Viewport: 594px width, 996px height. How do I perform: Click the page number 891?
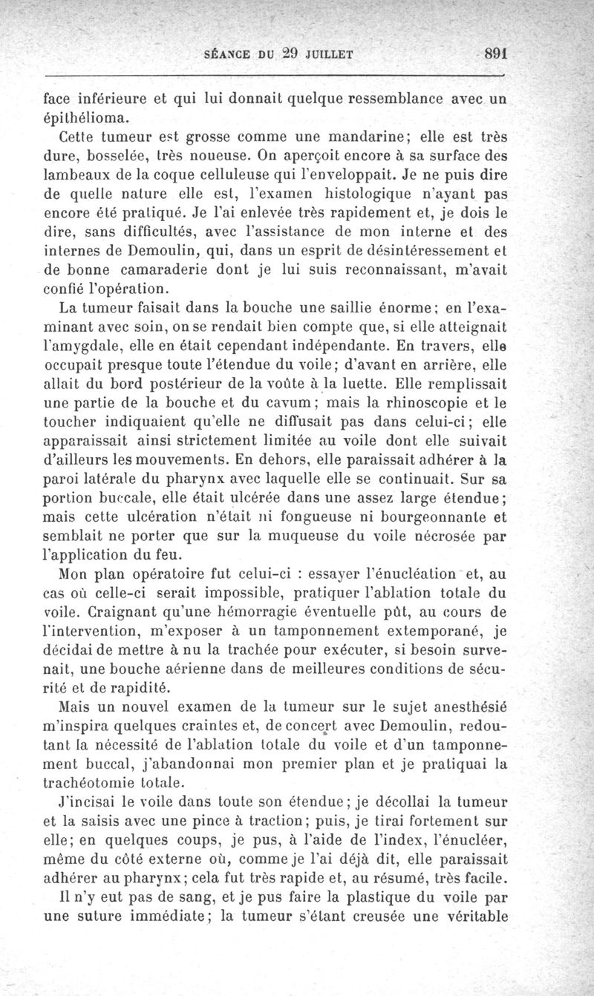tap(494, 53)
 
